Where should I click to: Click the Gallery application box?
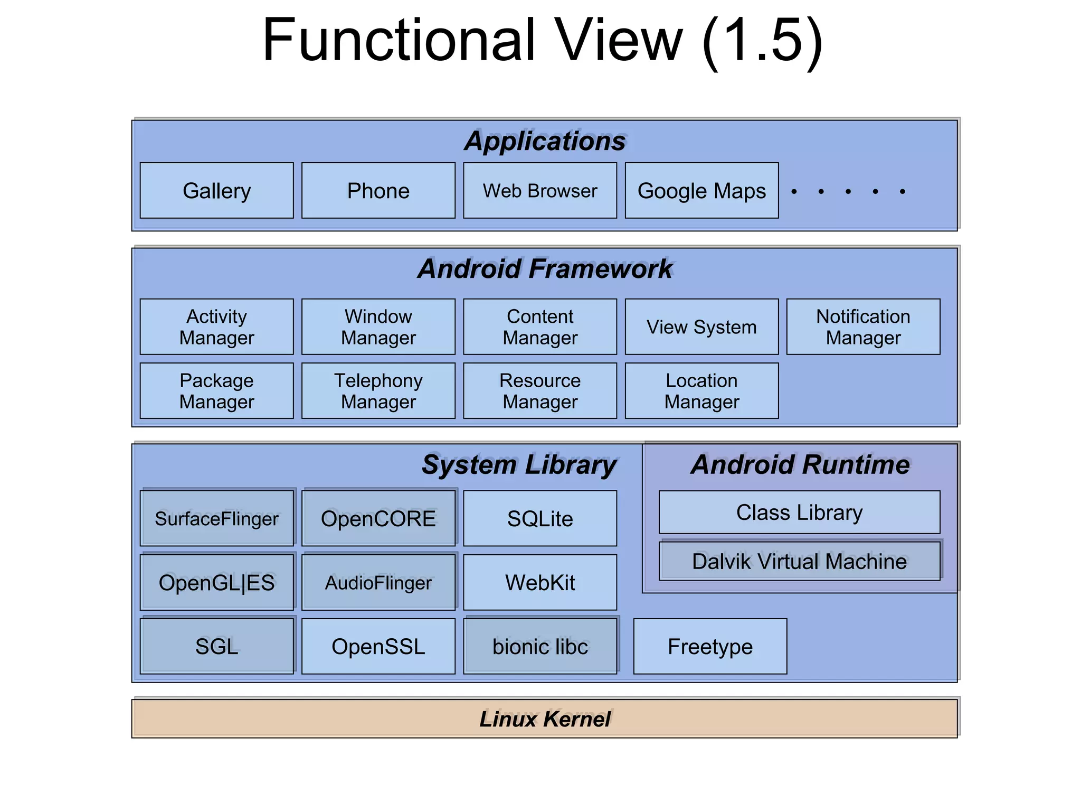[216, 190]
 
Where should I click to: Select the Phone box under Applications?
[378, 190]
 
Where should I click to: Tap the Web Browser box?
[539, 190]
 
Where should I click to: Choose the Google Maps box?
[701, 190]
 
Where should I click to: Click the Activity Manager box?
[216, 327]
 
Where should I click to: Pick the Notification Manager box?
[863, 327]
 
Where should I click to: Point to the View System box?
[701, 327]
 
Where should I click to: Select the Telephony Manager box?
[378, 390]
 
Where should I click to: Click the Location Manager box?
[701, 390]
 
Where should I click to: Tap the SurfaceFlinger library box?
[216, 518]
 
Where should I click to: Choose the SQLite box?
[539, 518]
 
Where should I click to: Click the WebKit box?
[539, 582]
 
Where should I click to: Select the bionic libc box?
[539, 646]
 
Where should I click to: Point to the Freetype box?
[710, 646]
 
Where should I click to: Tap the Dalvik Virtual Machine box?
[799, 561]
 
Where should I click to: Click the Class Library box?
[799, 512]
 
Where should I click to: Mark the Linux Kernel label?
[545, 719]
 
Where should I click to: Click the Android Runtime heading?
[800, 464]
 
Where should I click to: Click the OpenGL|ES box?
[216, 582]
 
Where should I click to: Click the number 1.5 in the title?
[762, 40]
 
